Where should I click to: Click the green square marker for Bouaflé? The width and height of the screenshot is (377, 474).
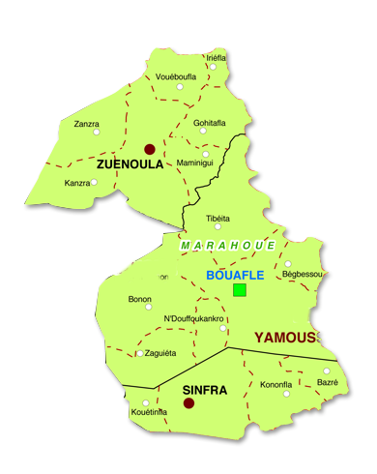[240, 289]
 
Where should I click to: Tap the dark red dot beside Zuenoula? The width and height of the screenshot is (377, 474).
[150, 149]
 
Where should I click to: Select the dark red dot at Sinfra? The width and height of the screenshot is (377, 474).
[189, 403]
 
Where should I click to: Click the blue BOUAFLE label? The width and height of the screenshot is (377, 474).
[235, 275]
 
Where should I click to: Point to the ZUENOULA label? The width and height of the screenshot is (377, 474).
[128, 165]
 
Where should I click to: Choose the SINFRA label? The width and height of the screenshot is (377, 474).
[205, 390]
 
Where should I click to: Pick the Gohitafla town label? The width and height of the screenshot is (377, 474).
[209, 123]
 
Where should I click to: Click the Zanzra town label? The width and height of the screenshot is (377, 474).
[87, 124]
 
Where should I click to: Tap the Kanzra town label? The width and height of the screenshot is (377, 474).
[77, 183]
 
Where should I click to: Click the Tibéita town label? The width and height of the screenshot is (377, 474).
[218, 218]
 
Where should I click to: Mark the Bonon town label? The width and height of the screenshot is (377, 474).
[139, 299]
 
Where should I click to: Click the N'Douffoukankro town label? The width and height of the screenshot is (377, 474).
[195, 318]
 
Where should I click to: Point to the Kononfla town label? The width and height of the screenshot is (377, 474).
[276, 385]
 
